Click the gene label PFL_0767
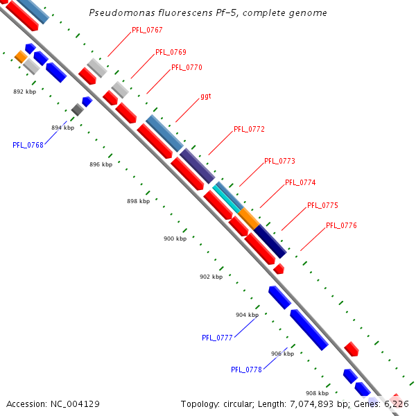coord(147,31)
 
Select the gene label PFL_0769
coord(171,52)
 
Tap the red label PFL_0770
coord(187,67)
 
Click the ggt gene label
coord(205,96)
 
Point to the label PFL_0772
coord(249,129)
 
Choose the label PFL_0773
coord(279,161)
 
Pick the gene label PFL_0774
coord(300,182)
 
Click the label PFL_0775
coord(322,205)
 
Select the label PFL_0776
coord(341,225)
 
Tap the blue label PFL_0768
coord(28,145)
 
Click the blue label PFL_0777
coord(217,338)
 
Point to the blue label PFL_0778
coord(246,370)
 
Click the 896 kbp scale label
coord(101,164)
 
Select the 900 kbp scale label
coord(175,239)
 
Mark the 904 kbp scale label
coord(247,315)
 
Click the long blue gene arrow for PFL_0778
coord(309,329)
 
